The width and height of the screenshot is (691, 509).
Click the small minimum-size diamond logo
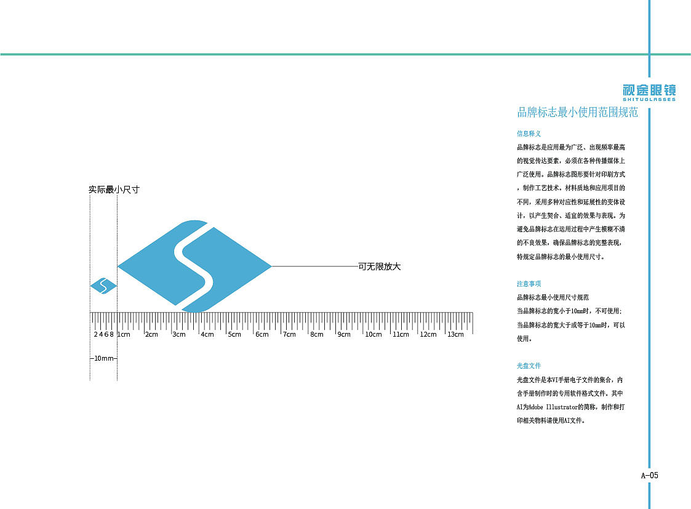point(103,286)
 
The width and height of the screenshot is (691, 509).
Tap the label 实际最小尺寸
point(114,190)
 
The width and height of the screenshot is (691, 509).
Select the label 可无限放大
point(379,267)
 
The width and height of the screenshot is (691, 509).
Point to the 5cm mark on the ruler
point(234,334)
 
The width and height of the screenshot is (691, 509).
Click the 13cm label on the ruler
point(455,334)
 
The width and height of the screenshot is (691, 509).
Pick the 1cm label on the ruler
point(124,334)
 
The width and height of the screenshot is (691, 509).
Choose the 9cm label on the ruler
point(344,334)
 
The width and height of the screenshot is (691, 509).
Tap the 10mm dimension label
point(103,358)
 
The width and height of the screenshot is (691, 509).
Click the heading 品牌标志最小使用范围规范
point(578,113)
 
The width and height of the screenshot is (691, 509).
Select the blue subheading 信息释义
point(529,133)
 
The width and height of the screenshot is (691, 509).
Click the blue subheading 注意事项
point(529,284)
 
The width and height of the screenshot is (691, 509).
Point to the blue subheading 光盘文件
point(529,366)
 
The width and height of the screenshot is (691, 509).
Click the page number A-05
point(650,475)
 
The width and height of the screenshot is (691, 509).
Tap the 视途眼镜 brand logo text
point(649,89)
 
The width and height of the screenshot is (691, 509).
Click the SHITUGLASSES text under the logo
point(649,99)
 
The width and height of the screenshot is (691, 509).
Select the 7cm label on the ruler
point(289,334)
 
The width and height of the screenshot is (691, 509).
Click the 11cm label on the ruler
point(401,334)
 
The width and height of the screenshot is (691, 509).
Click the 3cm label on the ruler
point(179,334)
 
